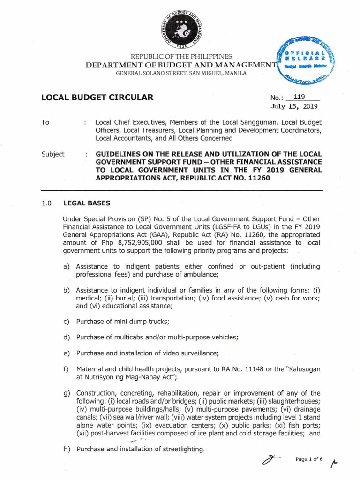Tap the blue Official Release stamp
pos(307,60)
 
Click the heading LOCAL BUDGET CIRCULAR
pos(97,98)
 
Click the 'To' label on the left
pos(45,122)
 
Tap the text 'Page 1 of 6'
pos(309,459)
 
